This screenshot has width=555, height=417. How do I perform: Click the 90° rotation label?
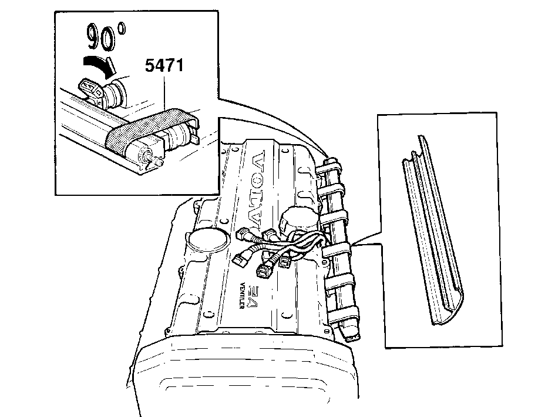tap(106, 36)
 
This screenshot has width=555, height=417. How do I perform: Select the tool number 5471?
tap(164, 66)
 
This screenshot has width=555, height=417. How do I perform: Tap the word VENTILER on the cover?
tap(242, 295)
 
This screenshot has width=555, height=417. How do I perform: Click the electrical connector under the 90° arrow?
tap(91, 90)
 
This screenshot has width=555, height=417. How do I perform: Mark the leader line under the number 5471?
tap(164, 92)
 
